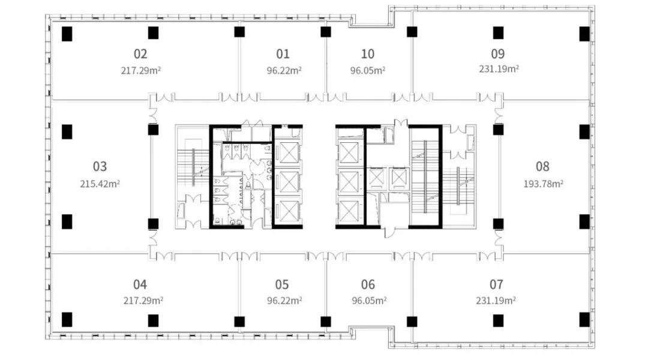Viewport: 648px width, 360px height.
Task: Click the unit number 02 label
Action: tap(140, 54)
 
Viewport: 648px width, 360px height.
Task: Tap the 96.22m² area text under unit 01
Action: tap(284, 70)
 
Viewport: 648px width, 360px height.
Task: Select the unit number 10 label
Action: tap(368, 54)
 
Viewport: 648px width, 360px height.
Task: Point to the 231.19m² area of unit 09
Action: tap(499, 68)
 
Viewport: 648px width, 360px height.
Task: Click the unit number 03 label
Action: tap(100, 167)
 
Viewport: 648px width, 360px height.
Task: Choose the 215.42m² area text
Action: tap(100, 184)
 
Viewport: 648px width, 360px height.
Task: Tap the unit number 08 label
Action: tap(542, 167)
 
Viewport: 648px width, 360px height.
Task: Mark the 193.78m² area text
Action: tap(544, 184)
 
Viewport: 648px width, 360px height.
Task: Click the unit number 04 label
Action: tap(140, 285)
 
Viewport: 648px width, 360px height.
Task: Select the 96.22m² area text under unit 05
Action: tap(284, 300)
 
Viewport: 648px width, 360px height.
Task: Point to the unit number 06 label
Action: tap(368, 285)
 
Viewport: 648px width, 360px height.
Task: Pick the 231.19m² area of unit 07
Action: tap(496, 300)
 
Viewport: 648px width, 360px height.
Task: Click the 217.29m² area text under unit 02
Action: tap(141, 70)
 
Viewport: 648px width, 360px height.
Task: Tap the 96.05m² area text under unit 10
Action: tap(368, 70)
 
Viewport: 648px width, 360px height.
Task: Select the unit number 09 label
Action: tap(498, 54)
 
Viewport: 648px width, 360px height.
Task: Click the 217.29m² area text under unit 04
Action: tap(143, 300)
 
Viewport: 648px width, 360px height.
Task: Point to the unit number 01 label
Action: tap(283, 54)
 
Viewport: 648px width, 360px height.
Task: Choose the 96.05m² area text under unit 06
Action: tap(369, 300)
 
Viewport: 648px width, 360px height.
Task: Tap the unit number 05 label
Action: tap(282, 285)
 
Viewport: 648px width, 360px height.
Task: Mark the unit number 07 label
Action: tap(496, 285)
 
